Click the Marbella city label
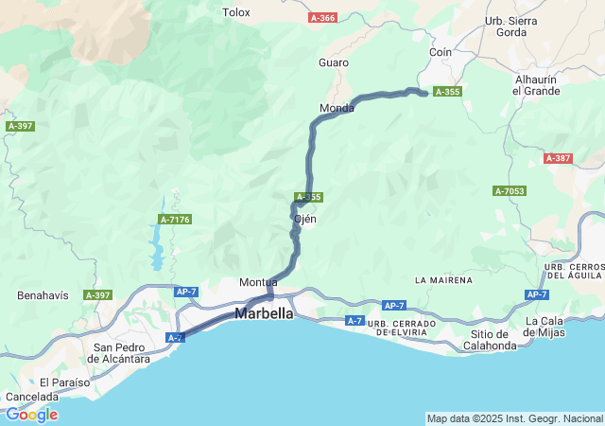pos(264,313)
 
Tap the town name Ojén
pos(305,219)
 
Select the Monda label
pos(337,108)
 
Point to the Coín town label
pos(441,52)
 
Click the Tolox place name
pos(235,12)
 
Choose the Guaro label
pos(334,62)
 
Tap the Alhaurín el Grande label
pos(536,85)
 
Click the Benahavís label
pos(43,295)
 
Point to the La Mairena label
pos(443,281)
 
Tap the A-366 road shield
pos(323,18)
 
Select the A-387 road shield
pos(558,158)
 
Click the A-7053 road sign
pos(509,191)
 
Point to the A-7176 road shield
pos(175,220)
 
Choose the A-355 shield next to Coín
pos(447,92)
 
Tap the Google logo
pos(31,415)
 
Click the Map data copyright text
pos(513,418)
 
